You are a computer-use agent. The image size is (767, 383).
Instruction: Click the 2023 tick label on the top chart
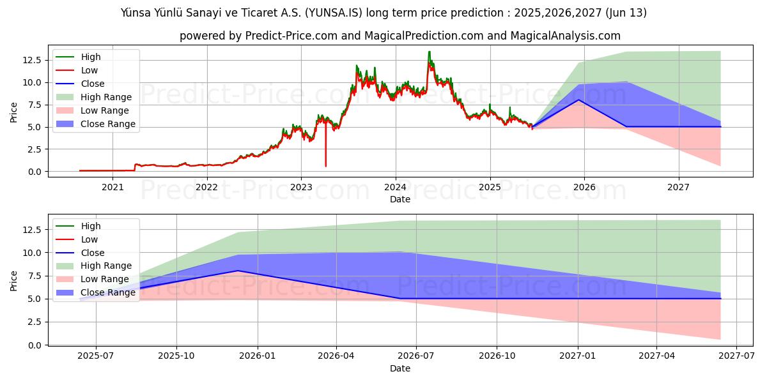(301, 187)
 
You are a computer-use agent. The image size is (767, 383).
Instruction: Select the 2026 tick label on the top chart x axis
(584, 187)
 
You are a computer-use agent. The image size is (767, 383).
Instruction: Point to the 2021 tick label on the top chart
(112, 187)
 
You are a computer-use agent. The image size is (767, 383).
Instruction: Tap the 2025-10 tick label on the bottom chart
(176, 356)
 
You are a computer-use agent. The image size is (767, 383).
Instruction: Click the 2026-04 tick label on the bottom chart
(336, 356)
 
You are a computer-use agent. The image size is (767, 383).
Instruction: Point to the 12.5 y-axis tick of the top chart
(32, 60)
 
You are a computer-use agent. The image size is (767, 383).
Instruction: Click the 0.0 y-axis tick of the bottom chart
(35, 345)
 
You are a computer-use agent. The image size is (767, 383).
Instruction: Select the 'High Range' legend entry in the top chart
(106, 97)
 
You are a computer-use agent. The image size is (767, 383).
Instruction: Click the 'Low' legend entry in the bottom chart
(89, 239)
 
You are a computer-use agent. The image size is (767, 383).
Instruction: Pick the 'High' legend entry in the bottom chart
(91, 226)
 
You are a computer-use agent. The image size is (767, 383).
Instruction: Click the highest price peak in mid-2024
(429, 52)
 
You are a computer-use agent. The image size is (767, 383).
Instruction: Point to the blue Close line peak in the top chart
(578, 100)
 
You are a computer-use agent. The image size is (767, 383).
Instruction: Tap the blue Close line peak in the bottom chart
(238, 271)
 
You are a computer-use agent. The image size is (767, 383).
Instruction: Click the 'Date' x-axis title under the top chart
(400, 199)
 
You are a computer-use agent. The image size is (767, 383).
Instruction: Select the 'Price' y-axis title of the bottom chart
(14, 280)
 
